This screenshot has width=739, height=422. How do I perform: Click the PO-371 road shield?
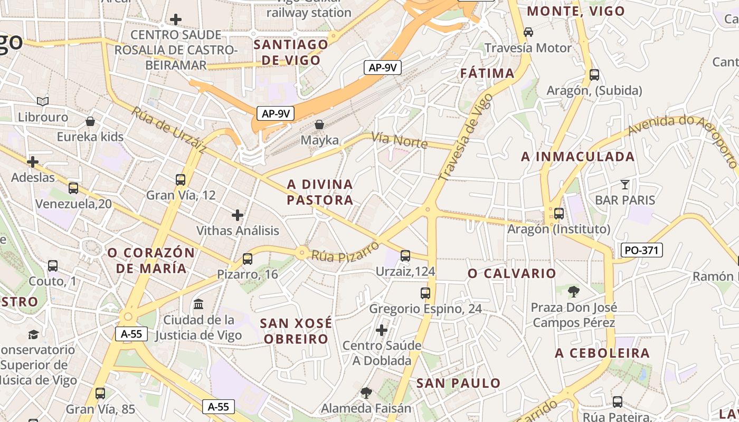pyautogui.click(x=642, y=250)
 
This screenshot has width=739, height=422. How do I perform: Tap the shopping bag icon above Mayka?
pyautogui.click(x=319, y=124)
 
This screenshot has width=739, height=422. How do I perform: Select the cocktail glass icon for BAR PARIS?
pyautogui.click(x=625, y=185)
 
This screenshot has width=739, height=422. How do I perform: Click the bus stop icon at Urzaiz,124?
pyautogui.click(x=405, y=256)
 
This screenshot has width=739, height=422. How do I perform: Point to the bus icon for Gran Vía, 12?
pyautogui.click(x=181, y=180)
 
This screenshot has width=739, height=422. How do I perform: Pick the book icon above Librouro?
pyautogui.click(x=43, y=101)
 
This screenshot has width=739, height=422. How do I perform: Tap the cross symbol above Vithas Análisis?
pyautogui.click(x=238, y=215)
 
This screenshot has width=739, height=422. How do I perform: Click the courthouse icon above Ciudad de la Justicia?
pyautogui.click(x=198, y=304)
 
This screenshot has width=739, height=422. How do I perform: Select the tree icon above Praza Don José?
pyautogui.click(x=573, y=291)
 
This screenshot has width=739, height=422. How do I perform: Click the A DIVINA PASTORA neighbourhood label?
pyautogui.click(x=320, y=192)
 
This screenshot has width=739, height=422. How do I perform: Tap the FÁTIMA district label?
pyautogui.click(x=487, y=73)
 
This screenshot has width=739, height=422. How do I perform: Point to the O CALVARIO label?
pyautogui.click(x=511, y=273)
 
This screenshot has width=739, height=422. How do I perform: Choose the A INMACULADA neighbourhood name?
pyautogui.click(x=577, y=157)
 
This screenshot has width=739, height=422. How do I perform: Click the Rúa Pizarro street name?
pyautogui.click(x=345, y=252)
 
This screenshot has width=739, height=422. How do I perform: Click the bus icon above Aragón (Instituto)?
pyautogui.click(x=558, y=214)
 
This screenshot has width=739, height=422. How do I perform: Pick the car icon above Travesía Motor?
pyautogui.click(x=528, y=32)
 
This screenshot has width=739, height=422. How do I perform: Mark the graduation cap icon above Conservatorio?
pyautogui.click(x=33, y=334)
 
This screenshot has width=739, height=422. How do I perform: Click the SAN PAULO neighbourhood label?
pyautogui.click(x=458, y=383)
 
